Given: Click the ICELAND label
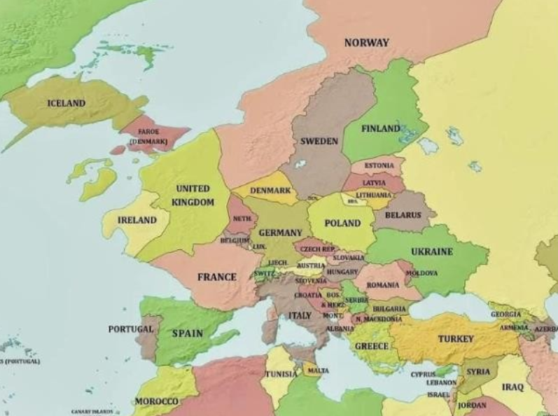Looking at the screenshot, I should [66, 103].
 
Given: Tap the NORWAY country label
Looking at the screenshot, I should [366, 43].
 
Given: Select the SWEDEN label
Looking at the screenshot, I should [319, 141].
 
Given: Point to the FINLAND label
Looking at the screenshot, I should [381, 129].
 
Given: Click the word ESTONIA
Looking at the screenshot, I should [379, 165].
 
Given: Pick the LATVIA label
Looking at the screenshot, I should [374, 182].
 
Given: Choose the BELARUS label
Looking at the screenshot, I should [403, 215].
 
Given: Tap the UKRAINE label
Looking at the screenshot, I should [431, 251].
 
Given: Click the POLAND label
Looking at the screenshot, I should [343, 223].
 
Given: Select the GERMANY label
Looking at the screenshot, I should [280, 233].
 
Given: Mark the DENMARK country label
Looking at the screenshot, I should [270, 190].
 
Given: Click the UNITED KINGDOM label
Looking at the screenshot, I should [193, 195].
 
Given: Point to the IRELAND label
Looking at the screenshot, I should [137, 220].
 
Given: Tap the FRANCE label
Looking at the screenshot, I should [216, 277].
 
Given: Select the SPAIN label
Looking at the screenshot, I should [187, 333].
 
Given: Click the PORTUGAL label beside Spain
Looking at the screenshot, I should [130, 328].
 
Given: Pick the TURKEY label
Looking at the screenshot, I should [456, 339].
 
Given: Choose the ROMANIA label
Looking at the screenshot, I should [382, 285].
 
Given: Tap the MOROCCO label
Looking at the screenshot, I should [156, 401].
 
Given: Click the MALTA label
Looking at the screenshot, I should [318, 370].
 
